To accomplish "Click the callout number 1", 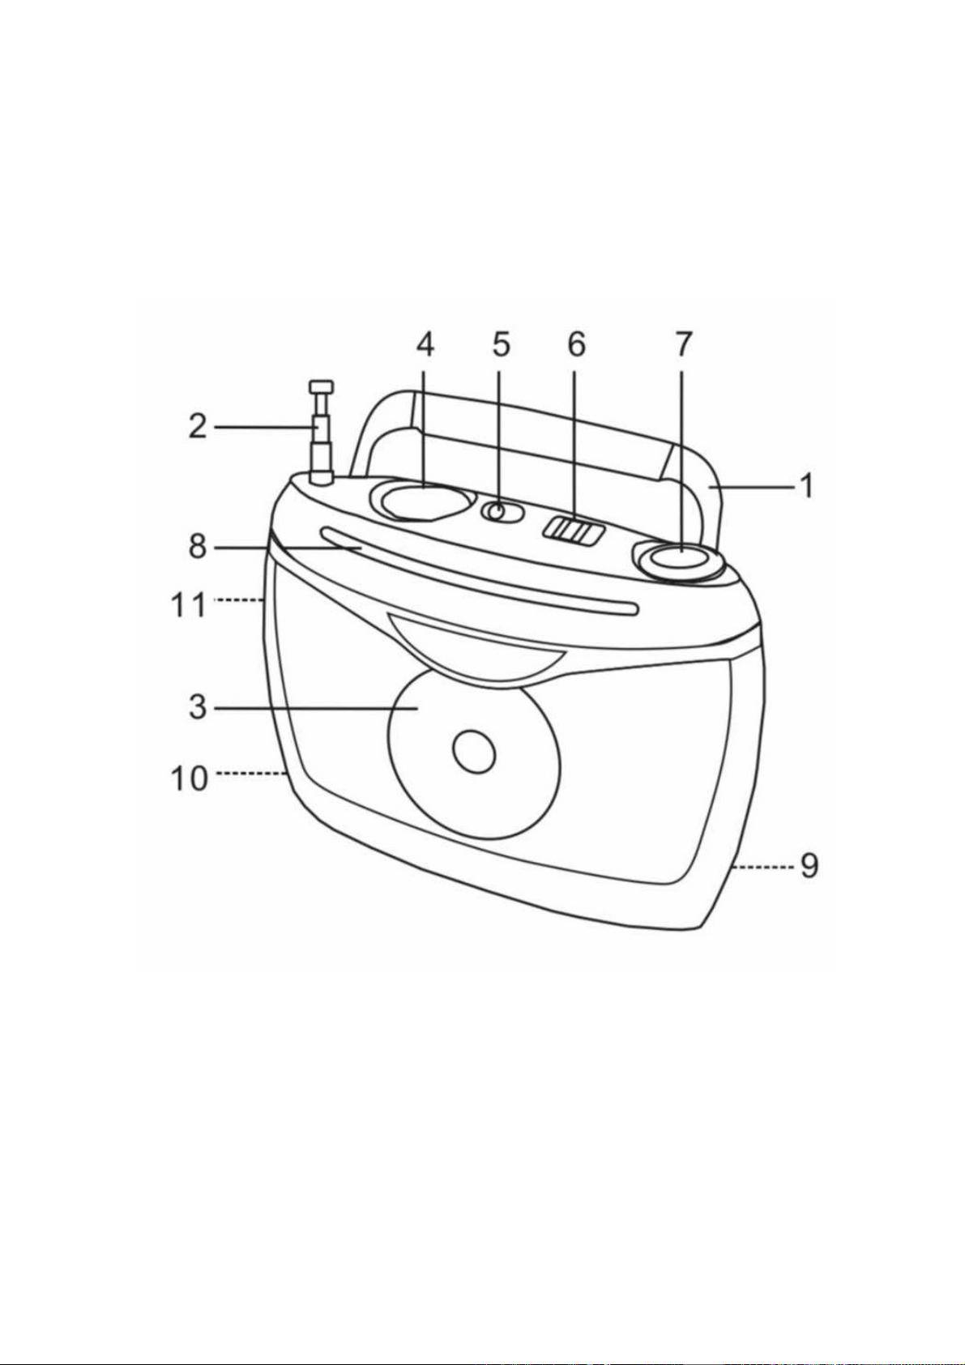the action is point(807,487).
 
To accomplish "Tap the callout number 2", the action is point(199,428).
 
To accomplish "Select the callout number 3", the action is point(198,709).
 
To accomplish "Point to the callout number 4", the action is point(425,346).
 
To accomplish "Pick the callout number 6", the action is point(576,346).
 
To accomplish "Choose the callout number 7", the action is point(683,346).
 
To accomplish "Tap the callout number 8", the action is point(199,548).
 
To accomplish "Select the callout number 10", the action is point(189,778).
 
